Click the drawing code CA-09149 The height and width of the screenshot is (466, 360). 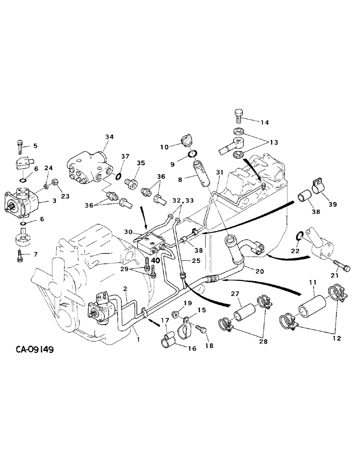(31, 349)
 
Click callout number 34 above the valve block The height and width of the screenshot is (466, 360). (109, 137)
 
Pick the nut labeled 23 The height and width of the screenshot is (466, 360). (55, 181)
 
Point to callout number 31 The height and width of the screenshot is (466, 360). (219, 173)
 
